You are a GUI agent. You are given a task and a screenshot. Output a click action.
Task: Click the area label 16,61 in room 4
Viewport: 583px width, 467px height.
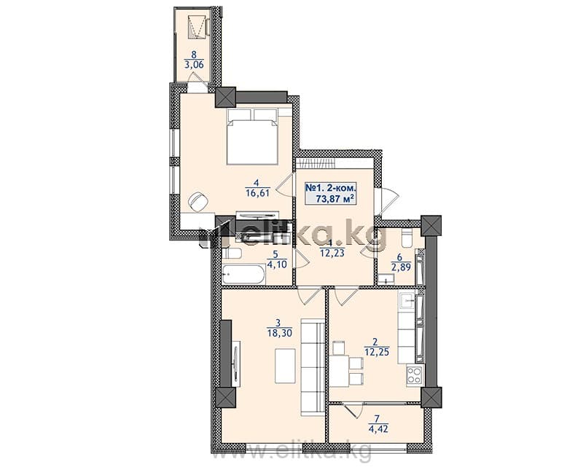[x=257, y=192]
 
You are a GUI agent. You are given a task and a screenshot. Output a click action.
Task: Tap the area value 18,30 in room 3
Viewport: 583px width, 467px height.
[x=279, y=332]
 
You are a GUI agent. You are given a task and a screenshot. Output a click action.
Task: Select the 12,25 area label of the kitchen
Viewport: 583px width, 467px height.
[x=377, y=351]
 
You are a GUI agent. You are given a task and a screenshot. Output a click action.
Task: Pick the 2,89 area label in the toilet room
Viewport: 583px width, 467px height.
[x=399, y=267]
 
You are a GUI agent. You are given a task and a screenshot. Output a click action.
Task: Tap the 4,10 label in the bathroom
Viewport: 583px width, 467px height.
[x=275, y=264]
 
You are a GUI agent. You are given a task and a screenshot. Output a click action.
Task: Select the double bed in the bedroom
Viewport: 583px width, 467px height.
[x=252, y=136]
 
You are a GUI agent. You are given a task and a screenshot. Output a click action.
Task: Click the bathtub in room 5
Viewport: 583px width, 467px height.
[x=243, y=275]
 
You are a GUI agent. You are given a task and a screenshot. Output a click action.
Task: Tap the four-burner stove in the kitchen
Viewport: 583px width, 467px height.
[x=414, y=374]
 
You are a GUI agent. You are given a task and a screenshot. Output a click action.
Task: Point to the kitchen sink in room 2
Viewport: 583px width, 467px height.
[x=407, y=300]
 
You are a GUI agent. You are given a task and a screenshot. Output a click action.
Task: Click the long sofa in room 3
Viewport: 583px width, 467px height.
[x=313, y=366]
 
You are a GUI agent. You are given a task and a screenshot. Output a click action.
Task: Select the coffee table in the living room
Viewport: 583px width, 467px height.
[x=285, y=366]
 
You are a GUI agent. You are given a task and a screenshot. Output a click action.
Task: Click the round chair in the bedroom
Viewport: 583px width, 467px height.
[x=197, y=202]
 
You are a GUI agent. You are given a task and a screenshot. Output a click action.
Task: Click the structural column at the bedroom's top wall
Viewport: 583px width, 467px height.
[x=225, y=97]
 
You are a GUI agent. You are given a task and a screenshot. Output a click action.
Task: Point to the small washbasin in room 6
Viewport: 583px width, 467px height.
[x=386, y=279]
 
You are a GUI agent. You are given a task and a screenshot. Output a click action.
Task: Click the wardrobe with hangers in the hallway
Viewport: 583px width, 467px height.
[x=316, y=164]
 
